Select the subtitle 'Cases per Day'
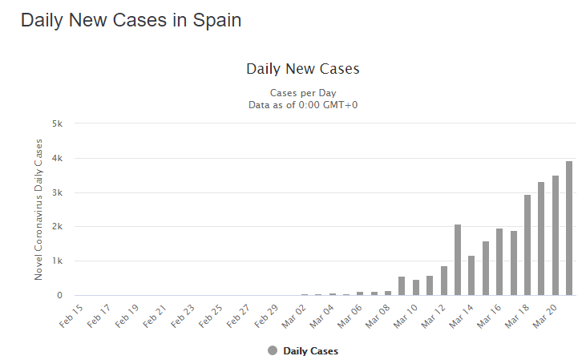pos(302,92)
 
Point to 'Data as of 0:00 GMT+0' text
pos(302,104)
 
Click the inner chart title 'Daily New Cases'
pos(302,69)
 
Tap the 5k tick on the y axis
pos(57,123)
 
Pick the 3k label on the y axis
pos(57,192)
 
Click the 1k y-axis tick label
pos(57,261)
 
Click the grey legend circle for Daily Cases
pos(273,350)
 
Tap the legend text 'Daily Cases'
pos(310,351)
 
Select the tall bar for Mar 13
pos(458,260)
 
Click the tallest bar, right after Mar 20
pos(569,229)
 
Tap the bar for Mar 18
pos(527,245)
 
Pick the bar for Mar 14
pos(471,276)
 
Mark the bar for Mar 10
pos(416,288)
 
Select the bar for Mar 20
pos(556,236)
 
